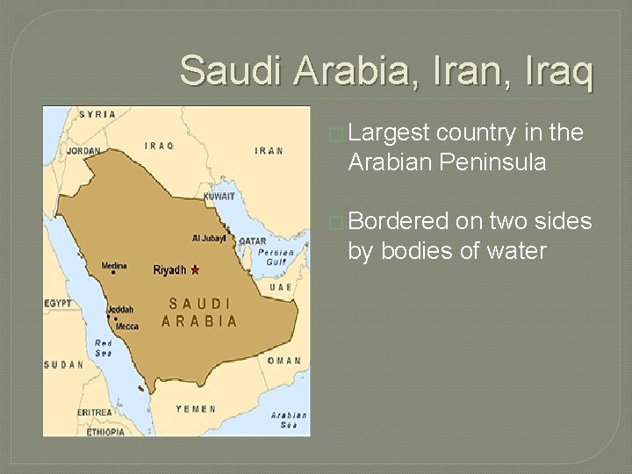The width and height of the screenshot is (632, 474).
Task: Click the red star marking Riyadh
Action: (195, 269)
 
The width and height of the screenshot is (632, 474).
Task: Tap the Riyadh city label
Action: (169, 270)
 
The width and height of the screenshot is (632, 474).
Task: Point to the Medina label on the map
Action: (114, 266)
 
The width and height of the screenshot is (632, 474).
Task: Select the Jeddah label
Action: (120, 309)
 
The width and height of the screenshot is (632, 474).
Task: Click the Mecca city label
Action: (127, 326)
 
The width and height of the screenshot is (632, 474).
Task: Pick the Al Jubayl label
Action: (209, 238)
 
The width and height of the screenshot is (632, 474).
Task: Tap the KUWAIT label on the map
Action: (219, 196)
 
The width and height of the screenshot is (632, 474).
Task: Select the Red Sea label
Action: (104, 348)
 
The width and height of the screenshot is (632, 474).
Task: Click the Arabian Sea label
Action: (288, 420)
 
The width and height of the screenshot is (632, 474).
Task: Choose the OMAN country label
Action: (284, 361)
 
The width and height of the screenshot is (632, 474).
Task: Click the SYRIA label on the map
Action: (97, 115)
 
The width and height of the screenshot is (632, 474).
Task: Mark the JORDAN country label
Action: (83, 151)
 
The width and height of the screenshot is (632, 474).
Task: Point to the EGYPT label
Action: (59, 303)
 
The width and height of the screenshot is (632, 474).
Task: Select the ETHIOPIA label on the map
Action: (104, 432)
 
